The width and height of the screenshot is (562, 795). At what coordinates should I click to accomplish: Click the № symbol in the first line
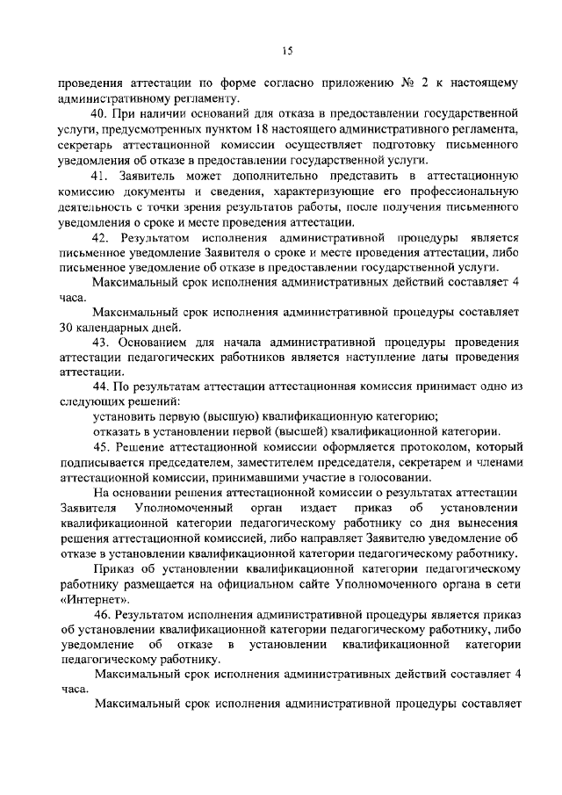(407, 83)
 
